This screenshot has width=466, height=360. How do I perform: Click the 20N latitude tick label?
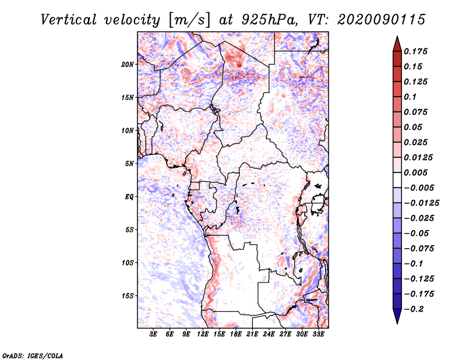tap(128, 64)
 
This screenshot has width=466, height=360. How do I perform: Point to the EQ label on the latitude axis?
tap(129, 197)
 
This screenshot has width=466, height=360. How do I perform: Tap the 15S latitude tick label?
tap(128, 296)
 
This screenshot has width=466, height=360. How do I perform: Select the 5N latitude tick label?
tap(129, 164)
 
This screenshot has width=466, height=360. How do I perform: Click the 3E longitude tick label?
tap(154, 335)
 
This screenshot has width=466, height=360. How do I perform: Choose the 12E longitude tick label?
tap(203, 335)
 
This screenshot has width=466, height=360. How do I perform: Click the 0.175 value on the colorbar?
tap(417, 51)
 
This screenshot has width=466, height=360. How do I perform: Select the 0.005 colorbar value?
tap(417, 173)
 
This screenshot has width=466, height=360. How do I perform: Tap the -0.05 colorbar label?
tap(417, 234)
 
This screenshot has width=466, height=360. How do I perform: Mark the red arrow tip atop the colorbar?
tap(396, 39)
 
